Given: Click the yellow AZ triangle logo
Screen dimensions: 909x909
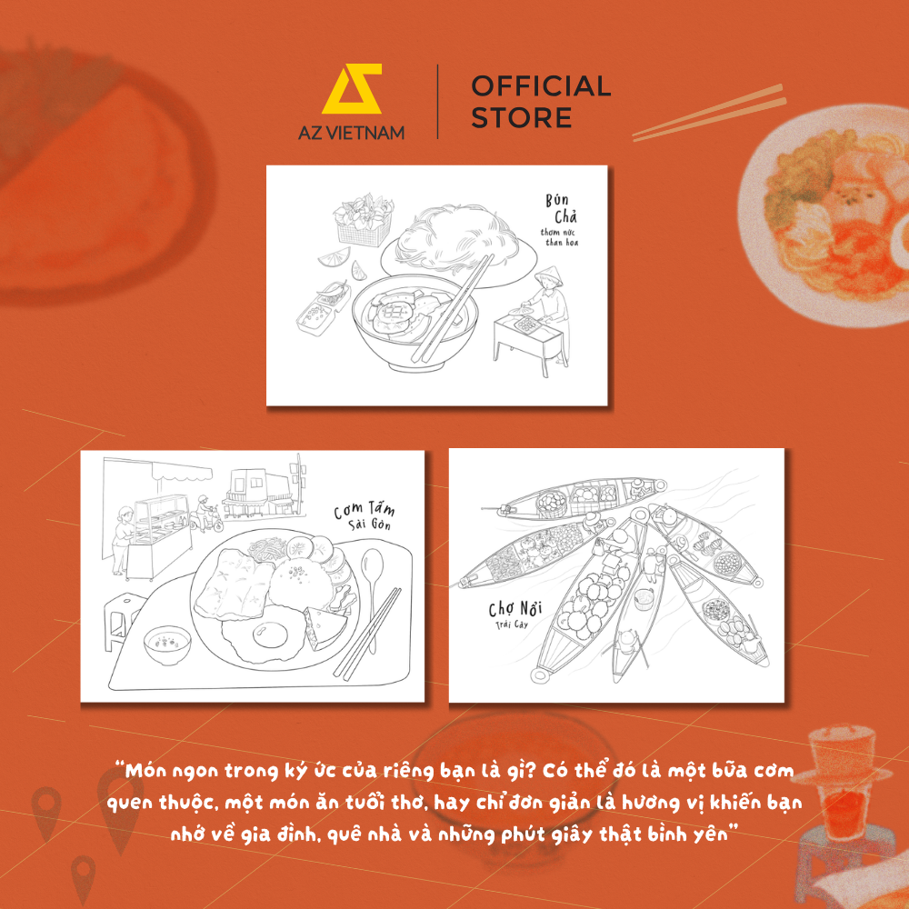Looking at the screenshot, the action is tap(352, 88).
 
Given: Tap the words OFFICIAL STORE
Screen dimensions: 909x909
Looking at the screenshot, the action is tap(541, 102).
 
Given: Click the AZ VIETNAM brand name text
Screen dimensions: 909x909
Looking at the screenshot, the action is tap(351, 133).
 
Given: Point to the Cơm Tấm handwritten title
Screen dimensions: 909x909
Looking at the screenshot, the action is tap(365, 510).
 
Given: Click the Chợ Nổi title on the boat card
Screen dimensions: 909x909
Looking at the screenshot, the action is tap(514, 609).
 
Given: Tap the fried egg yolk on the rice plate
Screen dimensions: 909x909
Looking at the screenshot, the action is tap(270, 634).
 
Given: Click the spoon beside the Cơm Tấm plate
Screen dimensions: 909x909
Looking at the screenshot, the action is tap(372, 592).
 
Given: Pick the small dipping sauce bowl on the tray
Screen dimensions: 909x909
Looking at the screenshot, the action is tap(167, 644).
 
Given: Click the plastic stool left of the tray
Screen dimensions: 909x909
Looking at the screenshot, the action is tap(123, 618).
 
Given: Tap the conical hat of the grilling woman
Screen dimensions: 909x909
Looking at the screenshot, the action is tap(548, 276).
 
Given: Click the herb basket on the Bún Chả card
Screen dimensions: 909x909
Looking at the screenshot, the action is tap(364, 220).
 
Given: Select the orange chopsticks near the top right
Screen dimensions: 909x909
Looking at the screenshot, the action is tap(710, 113).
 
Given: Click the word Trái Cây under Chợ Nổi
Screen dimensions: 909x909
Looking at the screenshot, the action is tap(511, 624).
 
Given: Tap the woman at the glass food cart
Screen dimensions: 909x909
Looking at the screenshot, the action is tap(122, 540).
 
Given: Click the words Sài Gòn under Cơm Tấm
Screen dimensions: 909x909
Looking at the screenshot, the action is tap(369, 524).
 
